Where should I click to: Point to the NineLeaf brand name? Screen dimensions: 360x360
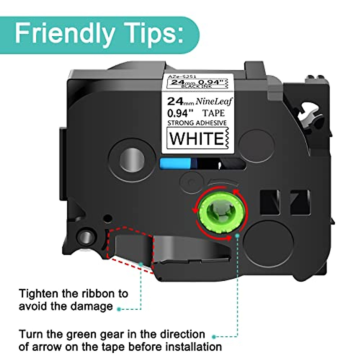[214, 102]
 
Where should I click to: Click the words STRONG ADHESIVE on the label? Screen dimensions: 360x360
[197, 123]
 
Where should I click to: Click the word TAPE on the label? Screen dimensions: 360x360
[213, 113]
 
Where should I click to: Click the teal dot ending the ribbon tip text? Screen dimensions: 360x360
[119, 309]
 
